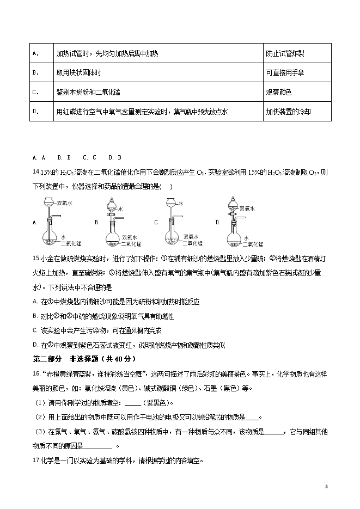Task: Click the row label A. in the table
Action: pos(35,53)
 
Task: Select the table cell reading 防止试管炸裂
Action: pos(285,53)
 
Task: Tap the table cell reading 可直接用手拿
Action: pos(285,72)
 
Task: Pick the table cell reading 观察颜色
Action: pos(278,92)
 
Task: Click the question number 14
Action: pos(36,172)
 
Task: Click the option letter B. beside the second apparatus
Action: pos(96,222)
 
